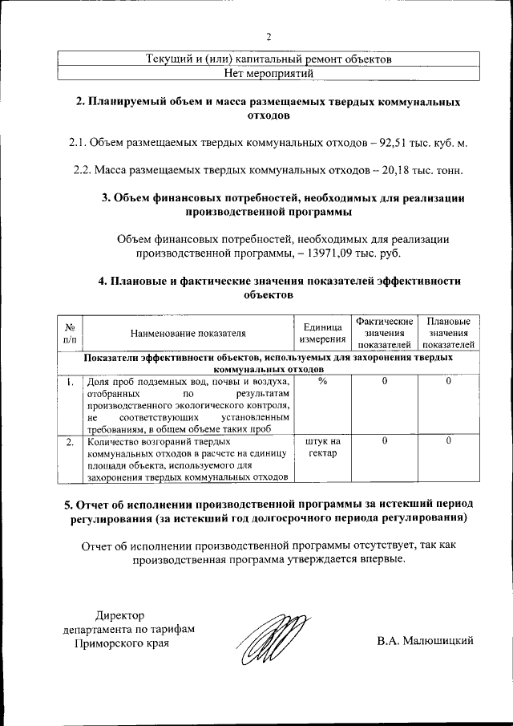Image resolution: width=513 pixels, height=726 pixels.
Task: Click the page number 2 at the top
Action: [269, 36]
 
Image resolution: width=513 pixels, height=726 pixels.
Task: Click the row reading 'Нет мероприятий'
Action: [269, 73]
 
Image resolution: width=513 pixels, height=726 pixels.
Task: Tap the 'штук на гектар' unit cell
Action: [323, 447]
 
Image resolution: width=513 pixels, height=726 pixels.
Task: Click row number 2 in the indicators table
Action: [71, 441]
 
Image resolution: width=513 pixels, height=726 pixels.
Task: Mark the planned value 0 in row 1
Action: [448, 381]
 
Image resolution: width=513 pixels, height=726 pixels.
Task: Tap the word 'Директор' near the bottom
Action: [120, 615]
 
